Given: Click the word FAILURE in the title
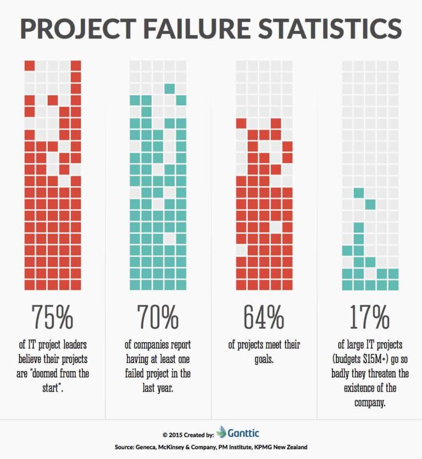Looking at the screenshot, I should tap(200, 28).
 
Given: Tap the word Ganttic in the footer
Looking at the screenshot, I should tap(244, 432).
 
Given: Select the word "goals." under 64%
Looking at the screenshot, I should tap(264, 359).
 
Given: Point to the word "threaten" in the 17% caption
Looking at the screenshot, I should tap(391, 373).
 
